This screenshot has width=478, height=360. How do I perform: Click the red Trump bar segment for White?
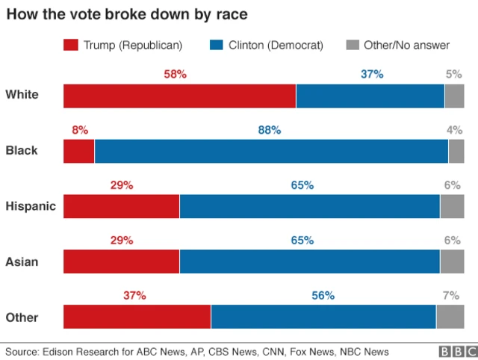click(179, 96)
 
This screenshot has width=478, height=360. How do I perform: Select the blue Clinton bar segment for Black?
click(270, 151)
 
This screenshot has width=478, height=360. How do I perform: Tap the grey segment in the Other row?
click(450, 317)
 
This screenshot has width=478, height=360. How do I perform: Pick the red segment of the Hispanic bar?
click(121, 206)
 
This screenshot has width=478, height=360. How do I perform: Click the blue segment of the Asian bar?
click(309, 262)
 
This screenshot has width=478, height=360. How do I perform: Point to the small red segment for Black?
click(78, 151)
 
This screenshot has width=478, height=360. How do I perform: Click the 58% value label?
click(175, 75)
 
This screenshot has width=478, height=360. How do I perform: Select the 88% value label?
click(270, 130)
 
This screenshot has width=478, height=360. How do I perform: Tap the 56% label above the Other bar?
click(323, 296)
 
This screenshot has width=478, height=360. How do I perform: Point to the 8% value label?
click(80, 130)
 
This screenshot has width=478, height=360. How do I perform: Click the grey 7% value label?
click(450, 296)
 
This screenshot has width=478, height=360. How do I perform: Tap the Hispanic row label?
click(31, 207)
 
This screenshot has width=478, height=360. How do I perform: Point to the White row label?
click(22, 95)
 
